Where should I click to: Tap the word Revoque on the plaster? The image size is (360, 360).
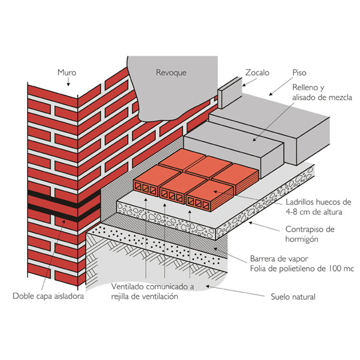click(x=171, y=73)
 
